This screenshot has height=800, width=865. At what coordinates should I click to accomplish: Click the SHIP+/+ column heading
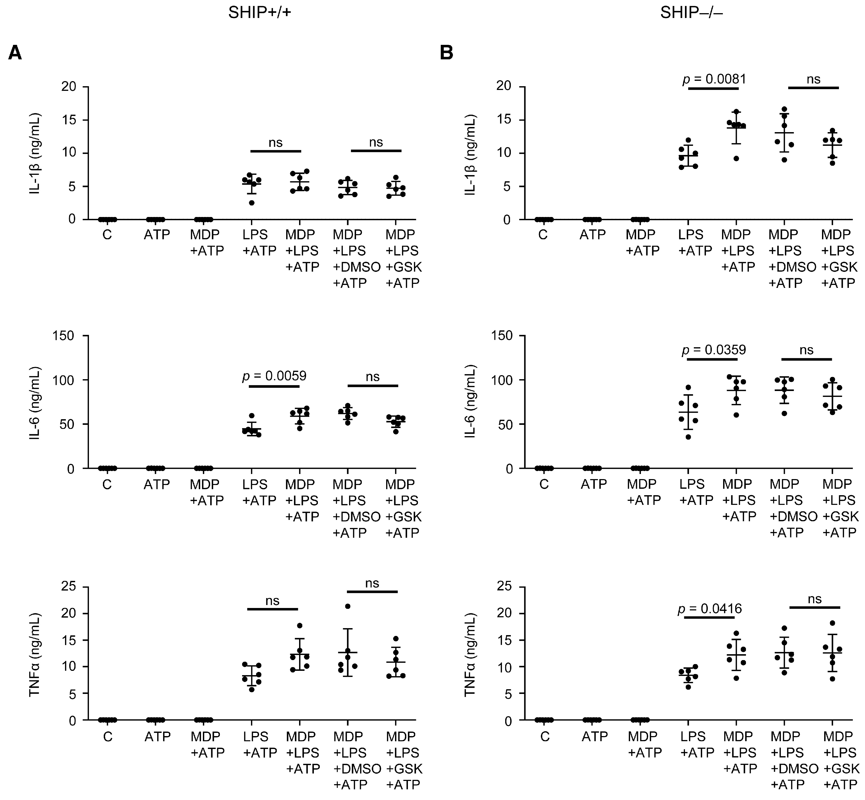260,13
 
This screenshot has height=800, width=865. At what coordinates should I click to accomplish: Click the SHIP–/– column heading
691,13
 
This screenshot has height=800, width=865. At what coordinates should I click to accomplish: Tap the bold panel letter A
15,54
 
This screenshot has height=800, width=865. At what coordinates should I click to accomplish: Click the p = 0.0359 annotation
714,350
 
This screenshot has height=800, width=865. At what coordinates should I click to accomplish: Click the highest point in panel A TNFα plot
347,606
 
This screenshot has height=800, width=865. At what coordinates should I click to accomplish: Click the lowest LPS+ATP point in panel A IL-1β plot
252,202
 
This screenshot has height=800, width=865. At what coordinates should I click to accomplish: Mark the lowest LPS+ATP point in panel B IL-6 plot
688,437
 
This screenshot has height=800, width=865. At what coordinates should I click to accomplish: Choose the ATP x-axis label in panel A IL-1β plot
157,235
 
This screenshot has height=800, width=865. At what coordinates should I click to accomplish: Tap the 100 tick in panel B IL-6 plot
502,380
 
